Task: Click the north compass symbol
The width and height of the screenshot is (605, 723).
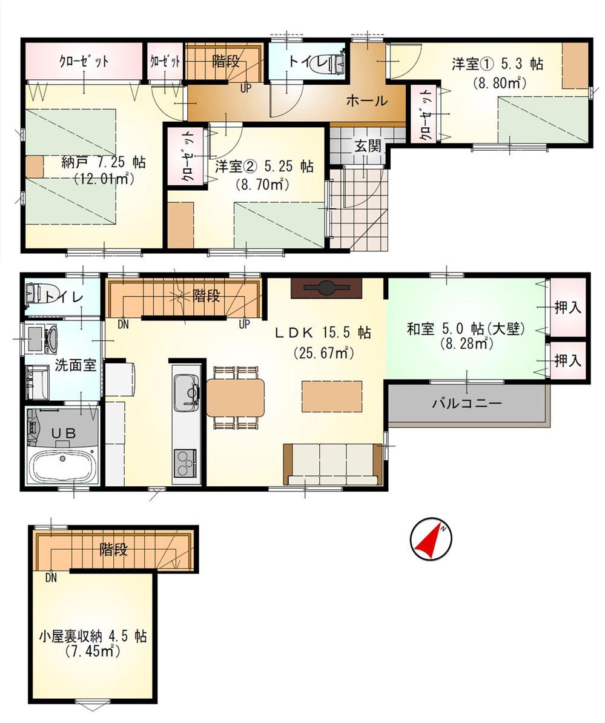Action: (x=431, y=538)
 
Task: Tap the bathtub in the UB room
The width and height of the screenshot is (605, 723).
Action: (x=62, y=466)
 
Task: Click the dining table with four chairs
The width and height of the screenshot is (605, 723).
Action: (x=236, y=397)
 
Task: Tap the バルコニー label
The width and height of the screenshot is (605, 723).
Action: (x=467, y=403)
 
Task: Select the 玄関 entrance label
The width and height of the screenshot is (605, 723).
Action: (x=368, y=145)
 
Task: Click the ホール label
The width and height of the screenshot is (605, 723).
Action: (x=366, y=101)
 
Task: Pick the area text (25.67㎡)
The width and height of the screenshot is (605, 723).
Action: (x=323, y=352)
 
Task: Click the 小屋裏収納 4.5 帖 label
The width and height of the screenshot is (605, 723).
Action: (x=93, y=637)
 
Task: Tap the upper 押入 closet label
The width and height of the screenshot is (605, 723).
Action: (x=567, y=308)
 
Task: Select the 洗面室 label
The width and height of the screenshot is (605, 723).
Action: (x=76, y=365)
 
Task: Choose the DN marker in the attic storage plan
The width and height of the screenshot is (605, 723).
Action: (x=51, y=578)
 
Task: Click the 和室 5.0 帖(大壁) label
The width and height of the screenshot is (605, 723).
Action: (x=465, y=329)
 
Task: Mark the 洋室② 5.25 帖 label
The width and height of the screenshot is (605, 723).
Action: (x=264, y=166)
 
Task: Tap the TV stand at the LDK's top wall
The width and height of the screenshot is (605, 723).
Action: (x=326, y=288)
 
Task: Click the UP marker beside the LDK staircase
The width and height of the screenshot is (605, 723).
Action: (x=244, y=324)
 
